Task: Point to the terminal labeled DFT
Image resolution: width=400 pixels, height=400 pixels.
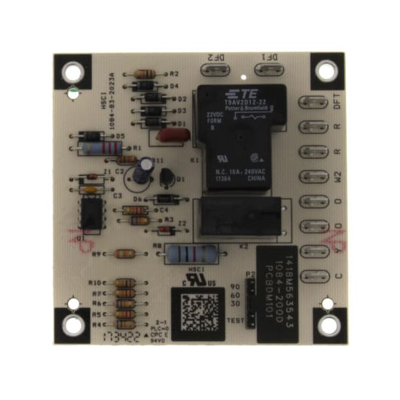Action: tap(313, 103)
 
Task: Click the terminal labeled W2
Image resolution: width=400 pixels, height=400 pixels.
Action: tap(313, 177)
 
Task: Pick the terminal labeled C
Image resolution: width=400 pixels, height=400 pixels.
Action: tap(313, 275)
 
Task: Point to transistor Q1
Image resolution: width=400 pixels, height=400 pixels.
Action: tap(167, 178)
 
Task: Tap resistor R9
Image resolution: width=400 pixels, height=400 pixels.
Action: tap(124, 254)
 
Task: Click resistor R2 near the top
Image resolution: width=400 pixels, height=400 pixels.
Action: tap(144, 74)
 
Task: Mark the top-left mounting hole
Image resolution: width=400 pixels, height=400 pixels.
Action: tap(72, 72)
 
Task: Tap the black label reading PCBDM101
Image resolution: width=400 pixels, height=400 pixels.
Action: tap(277, 293)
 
